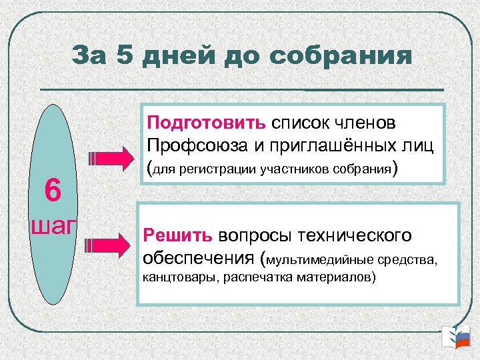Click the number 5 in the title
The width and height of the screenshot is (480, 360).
tap(126, 55)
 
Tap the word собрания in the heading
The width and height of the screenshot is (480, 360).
tap(341, 55)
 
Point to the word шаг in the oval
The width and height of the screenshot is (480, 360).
tap(53, 225)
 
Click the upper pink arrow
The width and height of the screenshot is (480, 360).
tap(110, 159)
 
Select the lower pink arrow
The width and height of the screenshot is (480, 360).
tap(110, 247)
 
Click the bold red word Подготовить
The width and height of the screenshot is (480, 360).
tap(207, 123)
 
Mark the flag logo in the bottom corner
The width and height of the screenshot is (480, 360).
tap(457, 338)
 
